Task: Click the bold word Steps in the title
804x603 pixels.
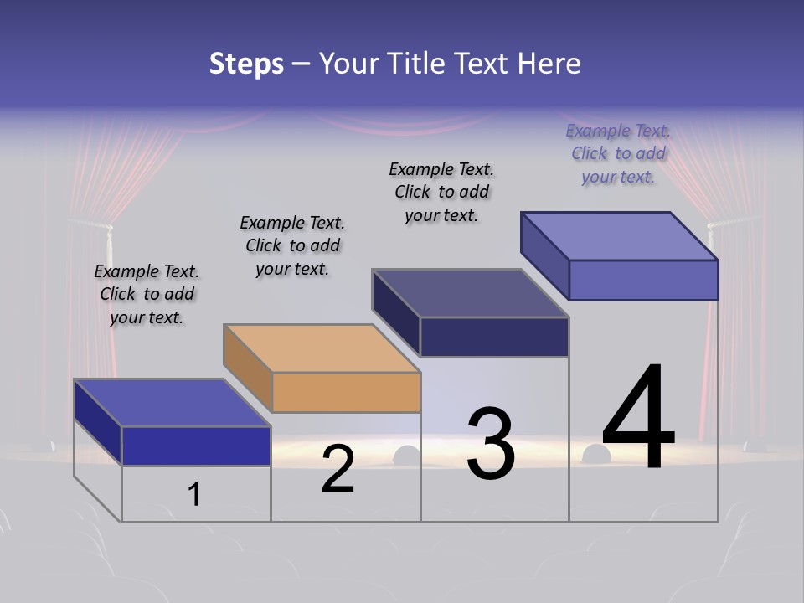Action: point(246,64)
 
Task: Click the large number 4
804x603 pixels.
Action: point(638,419)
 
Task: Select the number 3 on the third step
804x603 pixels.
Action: point(491,444)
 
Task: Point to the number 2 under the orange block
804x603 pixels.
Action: point(338,469)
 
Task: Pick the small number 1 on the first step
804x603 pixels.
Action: point(194,494)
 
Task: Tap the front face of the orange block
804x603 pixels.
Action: point(346,392)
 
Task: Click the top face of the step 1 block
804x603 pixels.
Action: point(172,403)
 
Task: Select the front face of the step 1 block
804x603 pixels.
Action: point(196,446)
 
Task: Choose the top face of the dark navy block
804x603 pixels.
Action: point(470,293)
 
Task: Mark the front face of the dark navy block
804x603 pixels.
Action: point(494,337)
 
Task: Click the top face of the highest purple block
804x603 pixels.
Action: point(620,235)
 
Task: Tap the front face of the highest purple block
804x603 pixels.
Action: point(643,280)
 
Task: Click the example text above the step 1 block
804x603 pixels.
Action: point(147,294)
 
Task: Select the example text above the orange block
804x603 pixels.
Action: point(292,245)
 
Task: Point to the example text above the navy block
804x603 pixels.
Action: point(441,192)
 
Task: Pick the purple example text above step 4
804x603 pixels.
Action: point(618,153)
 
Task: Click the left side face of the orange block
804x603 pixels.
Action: point(248,367)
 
